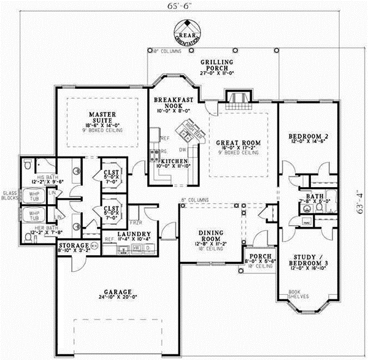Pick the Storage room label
point(72,245)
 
